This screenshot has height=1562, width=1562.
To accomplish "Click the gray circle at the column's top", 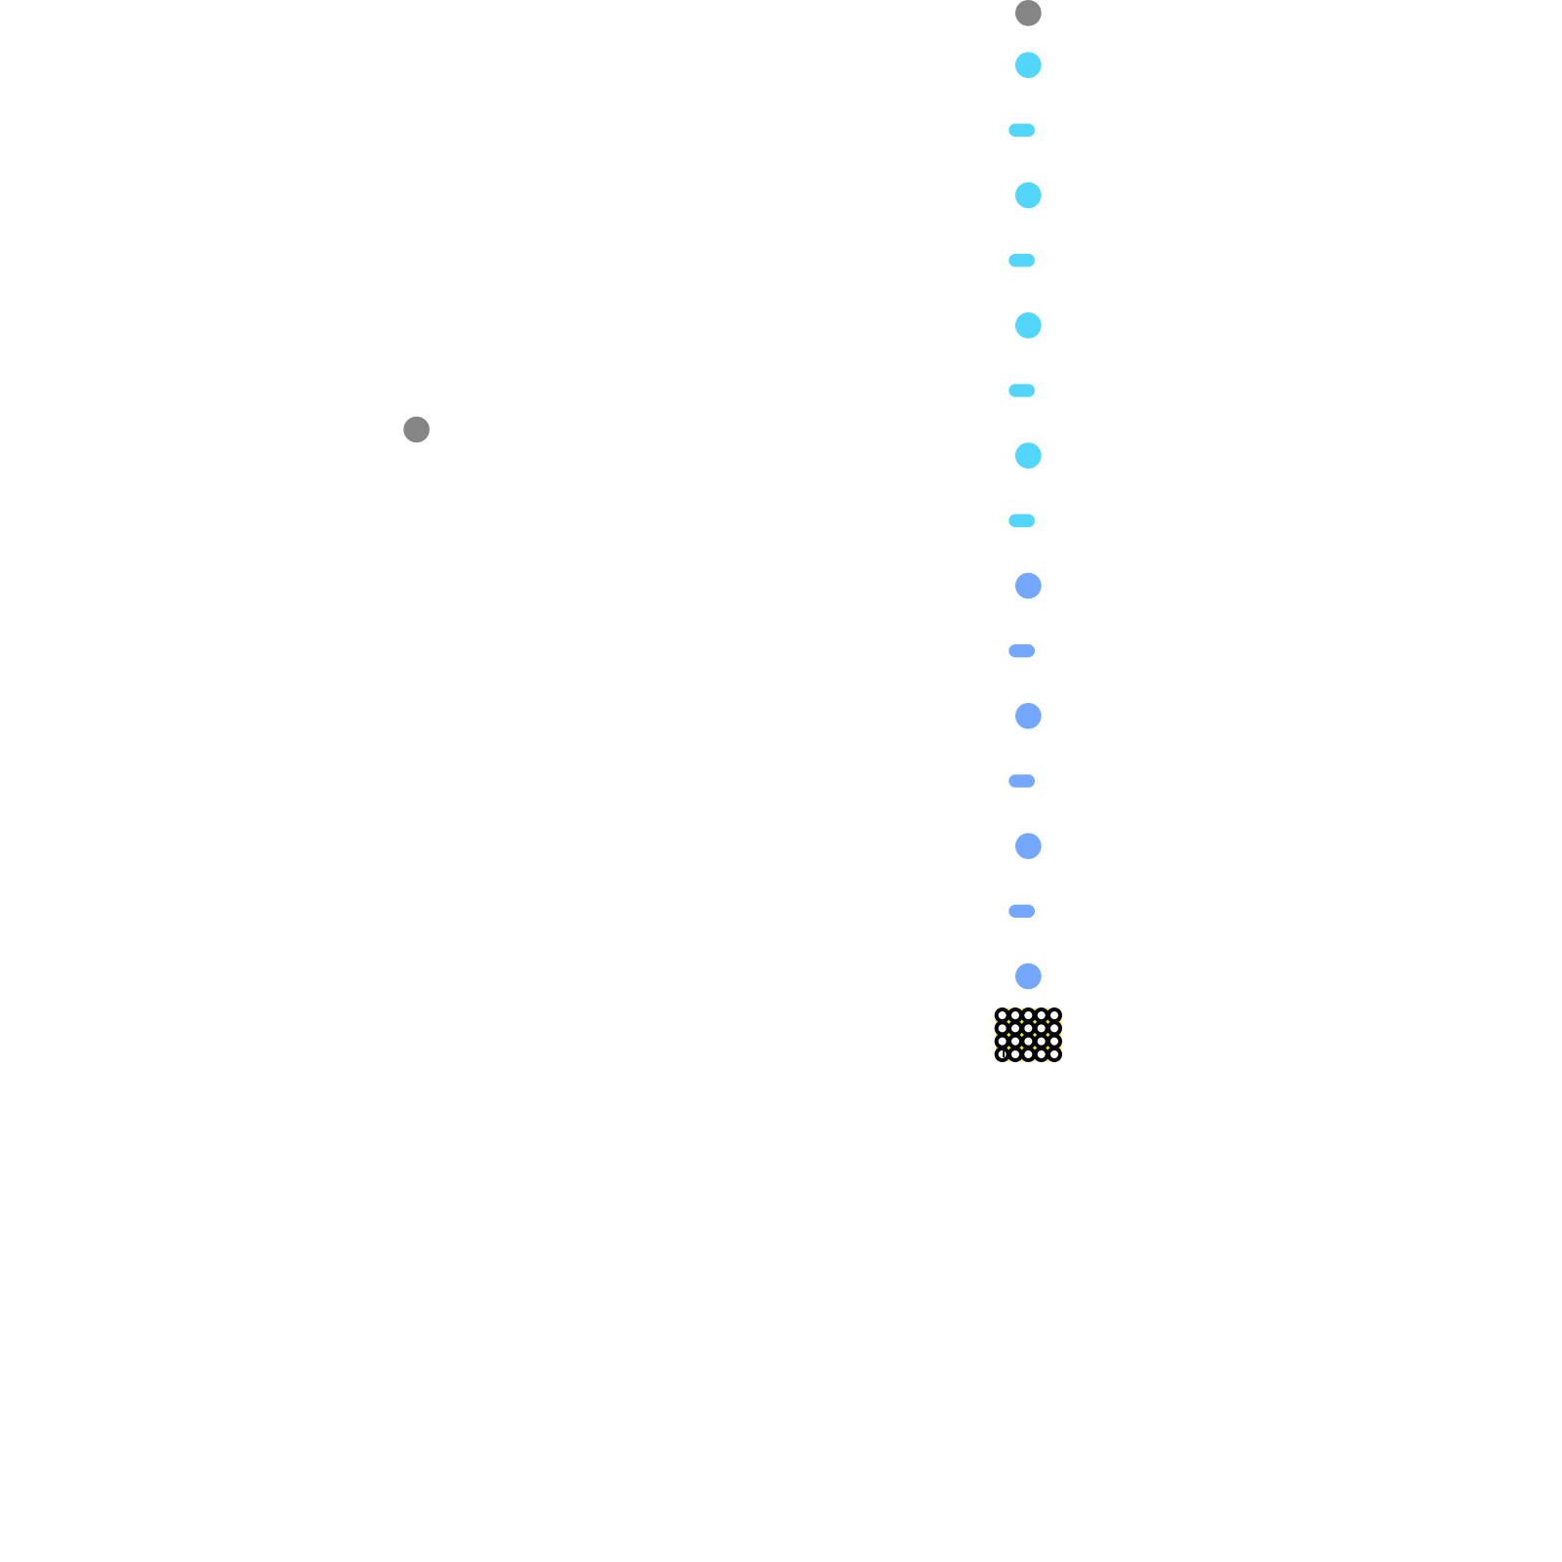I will tap(1028, 14).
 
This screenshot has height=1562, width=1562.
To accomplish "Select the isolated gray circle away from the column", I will tap(417, 430).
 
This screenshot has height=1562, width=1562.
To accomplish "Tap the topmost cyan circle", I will tap(1028, 65).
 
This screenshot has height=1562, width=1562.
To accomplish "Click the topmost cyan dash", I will tap(1021, 131).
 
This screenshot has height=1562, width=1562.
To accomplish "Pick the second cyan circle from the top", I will tap(1028, 195).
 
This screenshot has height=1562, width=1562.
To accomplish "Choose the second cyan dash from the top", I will tap(1021, 261).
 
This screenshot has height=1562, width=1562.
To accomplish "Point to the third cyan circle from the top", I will tap(1028, 325).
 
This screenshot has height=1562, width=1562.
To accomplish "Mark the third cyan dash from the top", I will tap(1021, 390).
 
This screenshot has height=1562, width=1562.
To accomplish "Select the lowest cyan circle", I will tap(1028, 456).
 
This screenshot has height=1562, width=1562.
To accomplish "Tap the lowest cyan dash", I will tap(1021, 521).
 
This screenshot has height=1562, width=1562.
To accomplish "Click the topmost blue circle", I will tap(1028, 586).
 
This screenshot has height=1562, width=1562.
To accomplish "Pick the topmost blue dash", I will tap(1021, 651).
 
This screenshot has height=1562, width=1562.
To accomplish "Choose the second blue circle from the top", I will tap(1028, 716).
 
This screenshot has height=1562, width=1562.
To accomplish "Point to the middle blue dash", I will tap(1021, 781).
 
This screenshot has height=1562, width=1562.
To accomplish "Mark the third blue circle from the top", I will tap(1028, 846).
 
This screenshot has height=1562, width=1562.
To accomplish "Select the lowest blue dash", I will tap(1021, 912).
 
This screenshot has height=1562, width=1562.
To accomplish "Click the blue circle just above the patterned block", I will tap(1028, 976).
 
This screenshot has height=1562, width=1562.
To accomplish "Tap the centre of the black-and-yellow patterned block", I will tap(1028, 1035).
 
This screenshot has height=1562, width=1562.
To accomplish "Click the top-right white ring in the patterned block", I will tap(1054, 1015).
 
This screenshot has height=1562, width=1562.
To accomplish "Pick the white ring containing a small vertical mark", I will tap(1002, 1054).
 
